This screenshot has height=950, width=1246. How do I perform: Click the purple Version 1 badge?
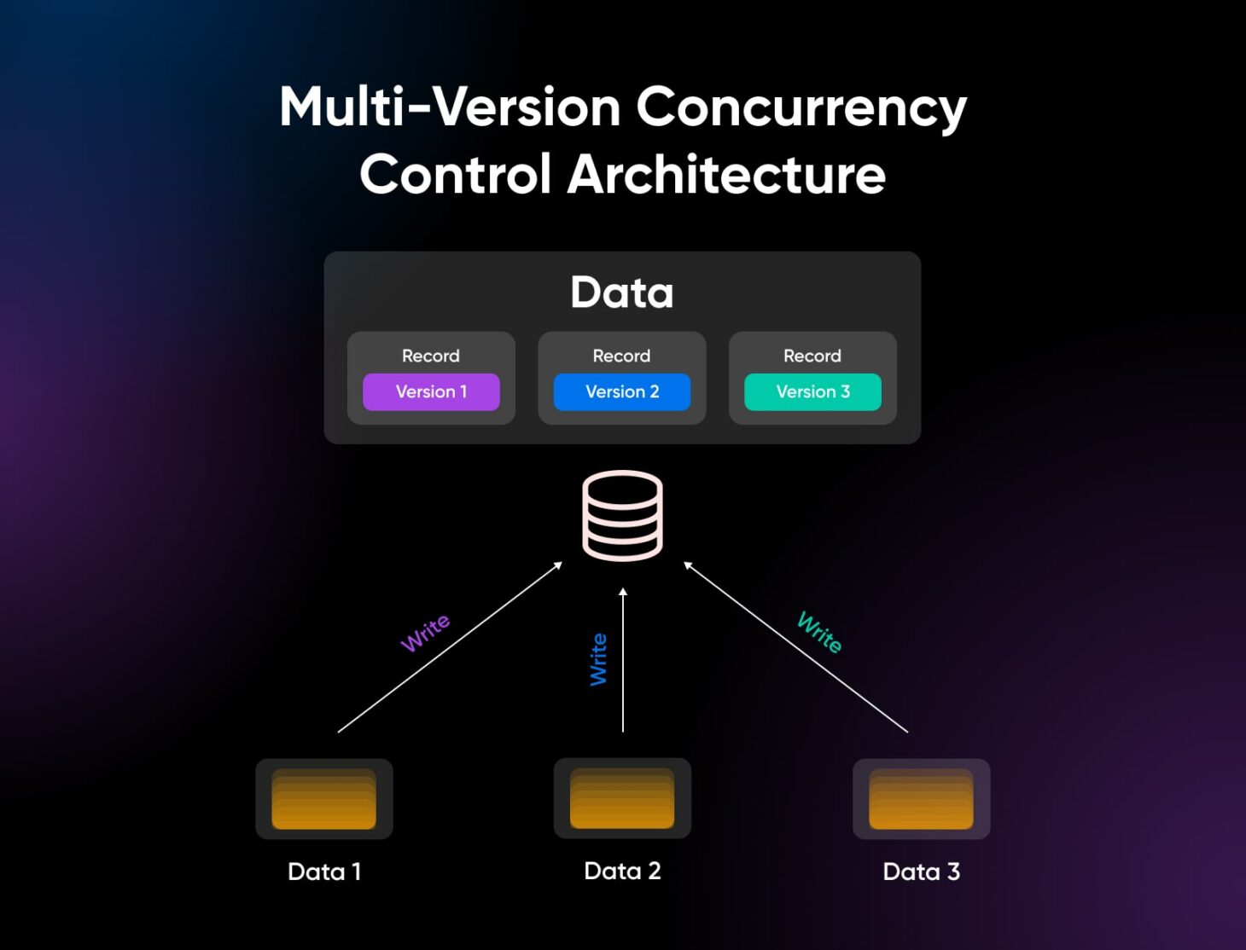click(431, 392)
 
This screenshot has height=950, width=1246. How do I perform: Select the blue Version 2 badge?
click(622, 392)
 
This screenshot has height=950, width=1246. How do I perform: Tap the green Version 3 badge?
click(812, 392)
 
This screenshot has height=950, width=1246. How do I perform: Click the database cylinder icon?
click(622, 515)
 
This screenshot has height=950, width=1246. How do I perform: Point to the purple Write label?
click(425, 633)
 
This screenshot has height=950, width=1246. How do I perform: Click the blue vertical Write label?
click(599, 659)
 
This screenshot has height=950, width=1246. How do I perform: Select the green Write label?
click(819, 632)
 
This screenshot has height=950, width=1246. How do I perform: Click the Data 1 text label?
click(324, 872)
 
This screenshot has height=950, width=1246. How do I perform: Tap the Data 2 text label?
click(622, 871)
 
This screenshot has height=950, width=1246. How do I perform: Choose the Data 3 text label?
click(921, 872)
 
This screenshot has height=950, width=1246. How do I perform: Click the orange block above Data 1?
click(324, 799)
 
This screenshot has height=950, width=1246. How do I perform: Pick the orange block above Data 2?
click(622, 798)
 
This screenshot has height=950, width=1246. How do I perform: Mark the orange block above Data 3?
click(921, 799)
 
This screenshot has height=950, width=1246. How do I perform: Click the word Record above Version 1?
click(431, 356)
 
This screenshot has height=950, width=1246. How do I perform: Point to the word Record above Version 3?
click(812, 356)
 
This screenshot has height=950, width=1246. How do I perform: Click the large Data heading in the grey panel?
click(622, 293)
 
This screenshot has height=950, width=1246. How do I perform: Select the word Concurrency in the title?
click(801, 107)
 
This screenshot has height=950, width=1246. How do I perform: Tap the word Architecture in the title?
click(726, 175)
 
